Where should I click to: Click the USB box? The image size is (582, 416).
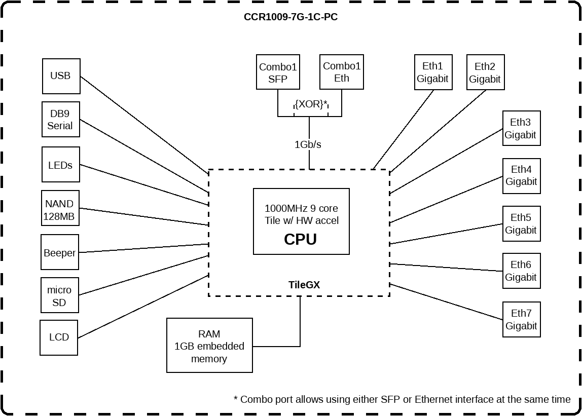pyautogui.click(x=61, y=76)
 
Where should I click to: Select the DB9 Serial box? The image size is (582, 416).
pyautogui.click(x=60, y=120)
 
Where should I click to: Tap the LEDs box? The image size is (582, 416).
pyautogui.click(x=60, y=165)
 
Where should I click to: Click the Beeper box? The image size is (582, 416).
pyautogui.click(x=60, y=252)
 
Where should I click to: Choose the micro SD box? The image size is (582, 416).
pyautogui.click(x=60, y=296)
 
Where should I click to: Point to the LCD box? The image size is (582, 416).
pyautogui.click(x=59, y=337)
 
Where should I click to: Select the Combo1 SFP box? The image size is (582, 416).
pyautogui.click(x=277, y=72)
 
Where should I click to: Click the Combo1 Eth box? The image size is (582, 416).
pyautogui.click(x=341, y=72)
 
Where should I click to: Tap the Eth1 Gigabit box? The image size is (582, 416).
pyautogui.click(x=433, y=72)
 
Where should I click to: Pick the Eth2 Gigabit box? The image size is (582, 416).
pyautogui.click(x=485, y=72)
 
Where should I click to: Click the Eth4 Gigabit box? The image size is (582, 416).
pyautogui.click(x=521, y=176)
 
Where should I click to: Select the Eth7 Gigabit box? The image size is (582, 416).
pyautogui.click(x=521, y=320)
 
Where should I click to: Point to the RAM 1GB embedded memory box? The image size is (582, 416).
pyautogui.click(x=209, y=346)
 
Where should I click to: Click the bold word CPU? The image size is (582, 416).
pyautogui.click(x=300, y=239)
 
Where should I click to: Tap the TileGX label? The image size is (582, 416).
pyautogui.click(x=304, y=285)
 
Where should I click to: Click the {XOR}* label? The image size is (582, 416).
pyautogui.click(x=311, y=104)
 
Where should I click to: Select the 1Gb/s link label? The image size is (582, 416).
pyautogui.click(x=308, y=144)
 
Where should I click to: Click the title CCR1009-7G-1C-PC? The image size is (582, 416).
pyautogui.click(x=290, y=17)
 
